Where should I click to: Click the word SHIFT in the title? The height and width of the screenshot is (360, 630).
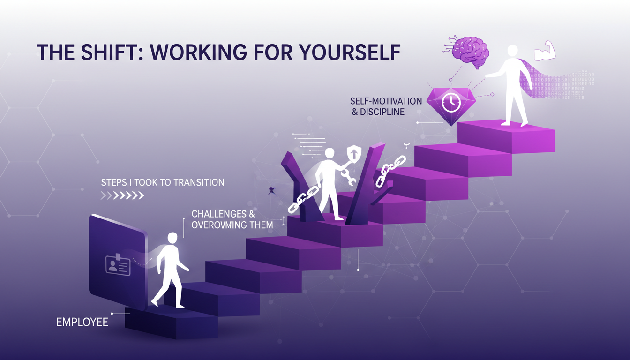[105, 53]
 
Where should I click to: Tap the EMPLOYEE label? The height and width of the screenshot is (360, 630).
[82, 322]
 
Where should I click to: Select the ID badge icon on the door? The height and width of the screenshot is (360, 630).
[118, 265]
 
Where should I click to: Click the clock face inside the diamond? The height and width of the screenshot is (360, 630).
[451, 103]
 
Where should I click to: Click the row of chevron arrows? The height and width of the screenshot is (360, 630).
[122, 195]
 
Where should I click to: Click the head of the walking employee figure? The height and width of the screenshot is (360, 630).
[172, 238]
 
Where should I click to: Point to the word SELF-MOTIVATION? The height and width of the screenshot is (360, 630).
[386, 101]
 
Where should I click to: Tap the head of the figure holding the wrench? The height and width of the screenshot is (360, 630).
[330, 154]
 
